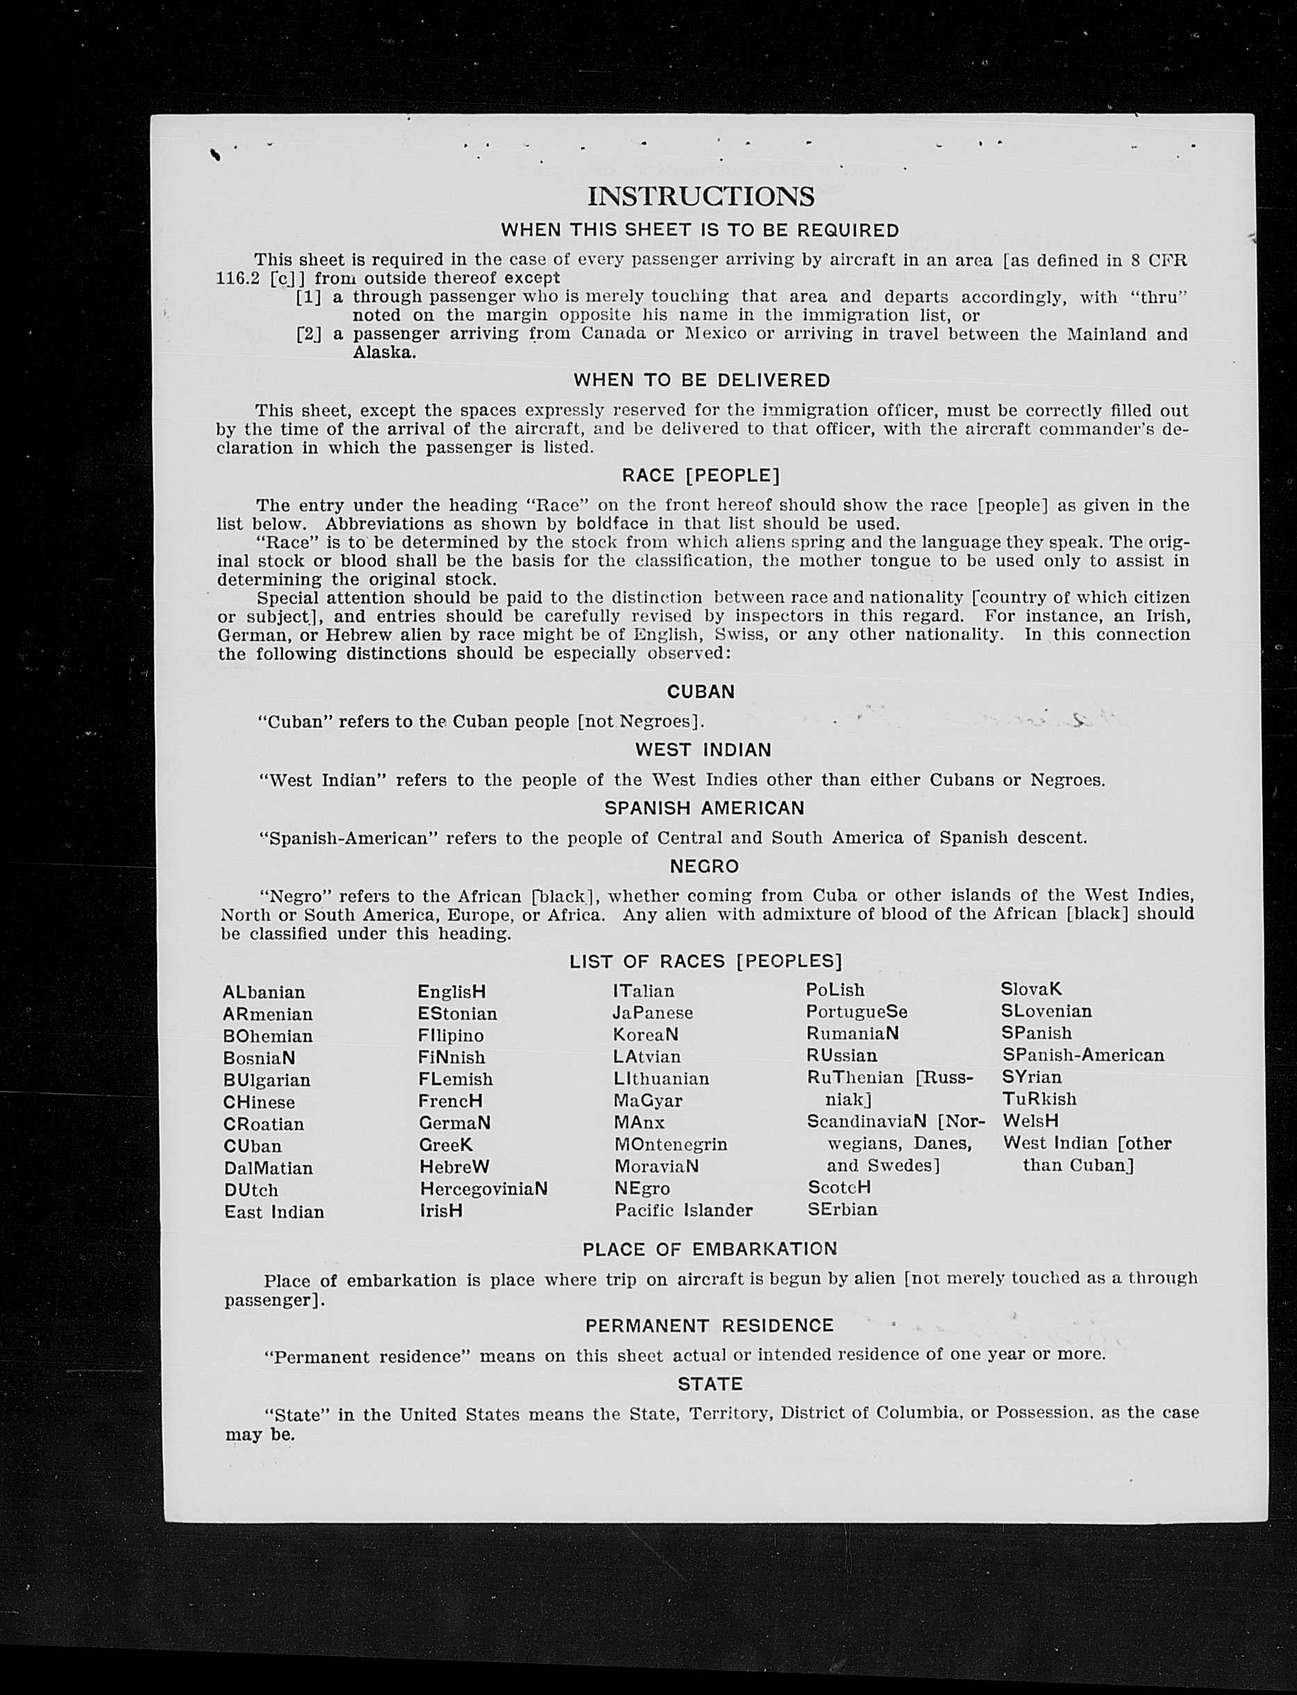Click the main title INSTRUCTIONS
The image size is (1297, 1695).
[x=700, y=196]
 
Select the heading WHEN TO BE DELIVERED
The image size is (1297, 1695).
[x=701, y=380]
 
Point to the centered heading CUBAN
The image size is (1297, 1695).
[x=700, y=692]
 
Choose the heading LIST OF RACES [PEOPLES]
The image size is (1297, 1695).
[x=706, y=961]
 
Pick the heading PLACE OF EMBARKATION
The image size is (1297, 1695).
[x=709, y=1249]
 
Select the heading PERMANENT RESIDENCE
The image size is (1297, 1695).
[x=709, y=1326]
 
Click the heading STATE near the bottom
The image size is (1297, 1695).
[x=709, y=1384]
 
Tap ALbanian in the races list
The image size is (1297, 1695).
[x=264, y=992]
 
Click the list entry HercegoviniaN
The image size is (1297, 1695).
[x=484, y=1189]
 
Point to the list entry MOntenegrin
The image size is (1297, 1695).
[x=670, y=1144]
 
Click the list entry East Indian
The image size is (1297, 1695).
[x=274, y=1213]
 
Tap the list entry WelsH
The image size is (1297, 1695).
[x=1030, y=1120]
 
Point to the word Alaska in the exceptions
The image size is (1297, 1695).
[x=383, y=353]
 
